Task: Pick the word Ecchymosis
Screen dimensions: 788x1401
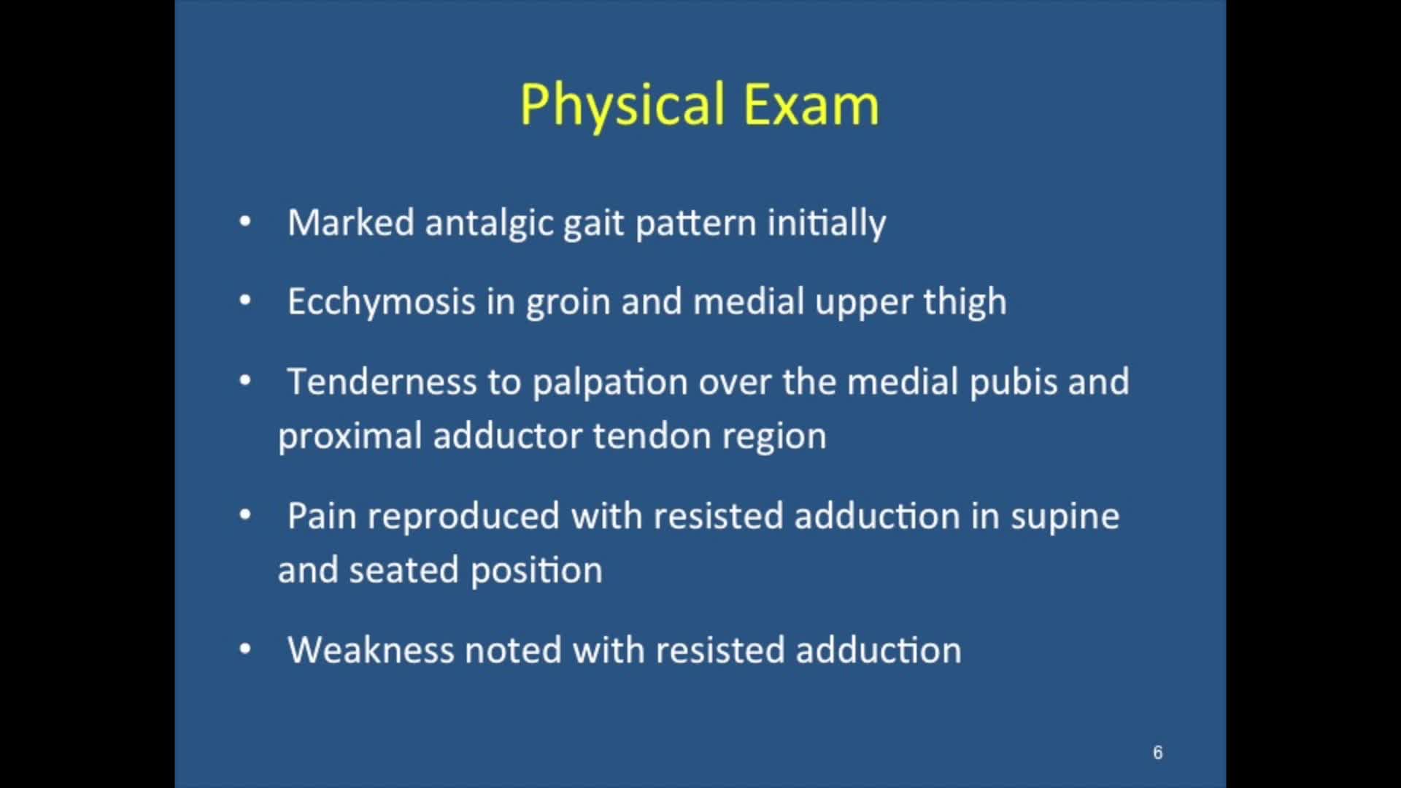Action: [381, 302]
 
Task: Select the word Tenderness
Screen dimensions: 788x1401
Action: [381, 382]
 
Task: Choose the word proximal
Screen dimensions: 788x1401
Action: [350, 436]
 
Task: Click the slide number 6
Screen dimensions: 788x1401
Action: [1157, 752]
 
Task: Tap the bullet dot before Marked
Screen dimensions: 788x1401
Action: [245, 221]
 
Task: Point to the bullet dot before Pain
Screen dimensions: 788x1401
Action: [245, 515]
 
